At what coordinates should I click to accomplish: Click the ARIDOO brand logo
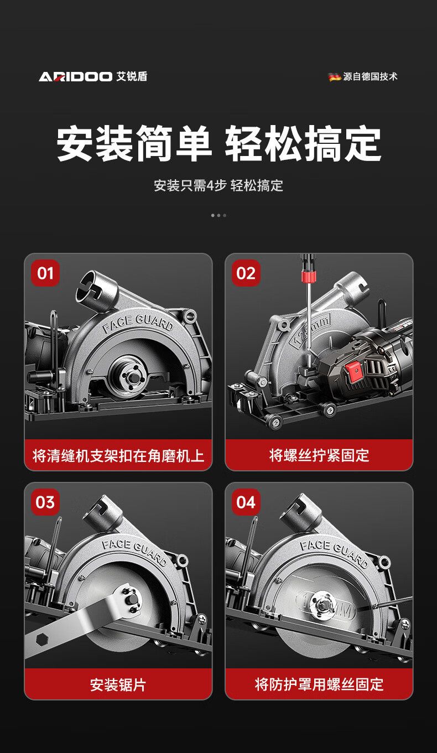[75, 77]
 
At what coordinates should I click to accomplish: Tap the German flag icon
[335, 77]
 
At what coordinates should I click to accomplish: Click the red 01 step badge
[45, 273]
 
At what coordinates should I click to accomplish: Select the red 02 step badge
[246, 273]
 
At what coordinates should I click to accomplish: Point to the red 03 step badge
[45, 502]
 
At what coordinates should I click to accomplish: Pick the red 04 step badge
[246, 502]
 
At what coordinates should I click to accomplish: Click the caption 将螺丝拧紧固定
[319, 455]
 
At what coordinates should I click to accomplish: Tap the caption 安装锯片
[118, 685]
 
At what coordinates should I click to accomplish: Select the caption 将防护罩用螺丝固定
[319, 685]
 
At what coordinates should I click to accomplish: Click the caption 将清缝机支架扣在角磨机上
[118, 455]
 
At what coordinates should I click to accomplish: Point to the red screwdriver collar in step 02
[308, 277]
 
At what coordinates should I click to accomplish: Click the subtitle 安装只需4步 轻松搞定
[218, 185]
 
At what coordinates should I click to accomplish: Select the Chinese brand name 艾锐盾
[132, 77]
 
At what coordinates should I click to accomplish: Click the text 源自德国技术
[370, 77]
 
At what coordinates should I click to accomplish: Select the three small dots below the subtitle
[218, 215]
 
